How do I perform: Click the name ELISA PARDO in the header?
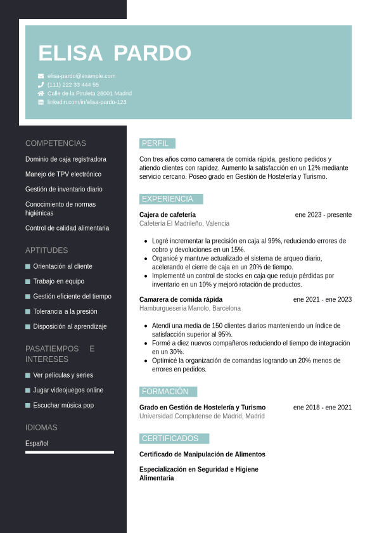pos(115,53)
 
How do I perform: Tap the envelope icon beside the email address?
pos(41,76)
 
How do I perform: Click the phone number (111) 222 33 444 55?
pos(73,85)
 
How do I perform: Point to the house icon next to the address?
pos(41,93)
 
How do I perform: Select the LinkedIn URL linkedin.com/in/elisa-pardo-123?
pos(87,102)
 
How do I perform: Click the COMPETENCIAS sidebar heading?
pos(56,143)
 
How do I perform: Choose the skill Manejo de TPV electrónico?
pos(63,174)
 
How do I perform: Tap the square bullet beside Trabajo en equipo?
pos(28,281)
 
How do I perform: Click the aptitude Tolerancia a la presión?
pos(65,312)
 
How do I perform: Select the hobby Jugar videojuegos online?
pos(68,390)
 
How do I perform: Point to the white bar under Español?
pos(70,453)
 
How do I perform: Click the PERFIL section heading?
pos(156,143)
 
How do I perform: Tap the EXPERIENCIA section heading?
pos(168,199)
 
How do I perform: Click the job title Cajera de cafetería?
pos(167,215)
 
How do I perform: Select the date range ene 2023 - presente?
pos(323,215)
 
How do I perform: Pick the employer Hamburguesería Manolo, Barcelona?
pos(190,309)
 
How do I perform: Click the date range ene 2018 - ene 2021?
pos(322,408)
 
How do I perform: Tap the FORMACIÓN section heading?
pos(165,392)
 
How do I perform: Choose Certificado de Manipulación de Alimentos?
pos(202,454)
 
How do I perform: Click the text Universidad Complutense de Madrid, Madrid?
pos(202,416)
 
